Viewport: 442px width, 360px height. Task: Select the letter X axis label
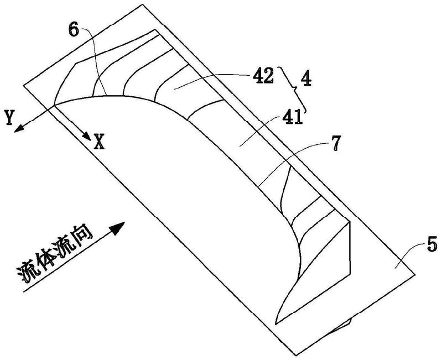coord(99,143)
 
